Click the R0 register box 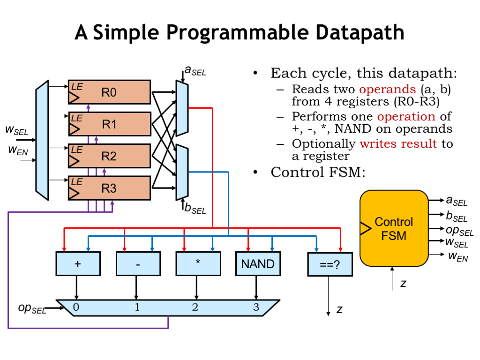(109, 92)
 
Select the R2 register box (109, 156)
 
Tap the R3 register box (109, 188)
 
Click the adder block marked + (78, 264)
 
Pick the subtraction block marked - (138, 264)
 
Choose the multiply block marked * (198, 264)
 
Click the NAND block (257, 264)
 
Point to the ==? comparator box (329, 264)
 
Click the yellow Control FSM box (394, 228)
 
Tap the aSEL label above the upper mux (195, 71)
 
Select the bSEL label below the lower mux (195, 209)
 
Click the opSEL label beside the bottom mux (32, 308)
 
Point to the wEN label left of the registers (17, 151)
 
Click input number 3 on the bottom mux (256, 307)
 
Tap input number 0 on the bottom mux (76, 307)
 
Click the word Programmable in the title (238, 33)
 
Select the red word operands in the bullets (387, 89)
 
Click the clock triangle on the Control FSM (365, 228)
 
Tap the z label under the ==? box (340, 309)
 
